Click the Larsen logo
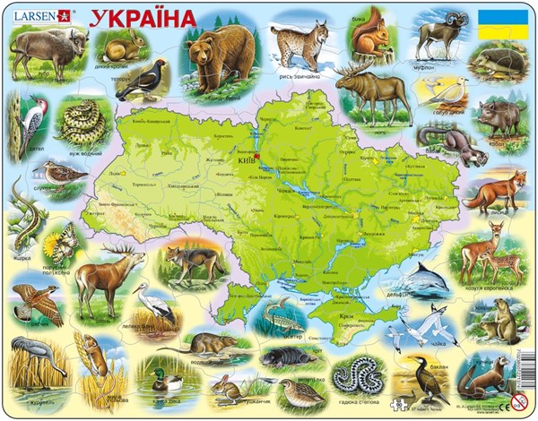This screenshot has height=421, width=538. pyautogui.click(x=43, y=15)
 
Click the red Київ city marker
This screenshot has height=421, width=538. pyautogui.click(x=256, y=156)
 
